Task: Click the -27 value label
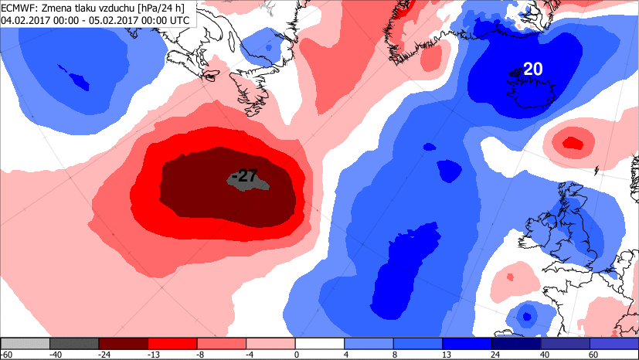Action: (244, 176)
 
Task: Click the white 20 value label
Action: (533, 70)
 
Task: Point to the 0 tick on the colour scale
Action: (296, 355)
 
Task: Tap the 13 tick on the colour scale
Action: (443, 355)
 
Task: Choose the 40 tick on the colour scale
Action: (541, 355)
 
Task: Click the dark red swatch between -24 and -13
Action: (124, 343)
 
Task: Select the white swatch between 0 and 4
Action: (320, 343)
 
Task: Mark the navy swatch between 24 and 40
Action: (516, 343)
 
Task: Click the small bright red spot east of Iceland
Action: (572, 142)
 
